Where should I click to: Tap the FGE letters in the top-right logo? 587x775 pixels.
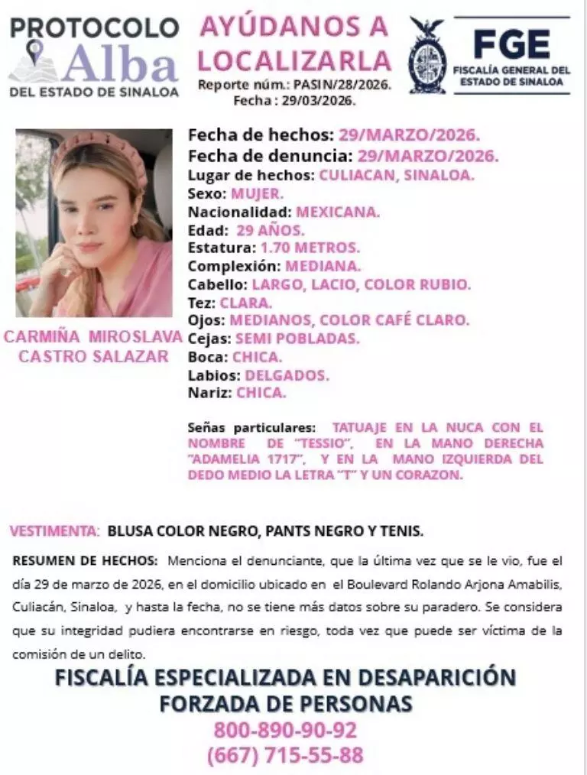511,45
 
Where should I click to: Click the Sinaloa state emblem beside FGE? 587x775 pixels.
426,56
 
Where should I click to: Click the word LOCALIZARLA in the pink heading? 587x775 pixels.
300,60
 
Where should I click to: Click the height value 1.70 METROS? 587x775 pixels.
310,248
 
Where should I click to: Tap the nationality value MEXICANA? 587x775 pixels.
337,212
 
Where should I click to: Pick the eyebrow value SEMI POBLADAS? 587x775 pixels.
297,339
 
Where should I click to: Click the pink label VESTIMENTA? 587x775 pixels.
54,530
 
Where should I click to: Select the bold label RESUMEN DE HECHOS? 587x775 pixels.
86,560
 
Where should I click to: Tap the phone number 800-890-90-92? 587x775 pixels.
285,730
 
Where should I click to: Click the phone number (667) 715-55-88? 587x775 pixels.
285,756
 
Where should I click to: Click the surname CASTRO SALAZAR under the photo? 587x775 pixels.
93,356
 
